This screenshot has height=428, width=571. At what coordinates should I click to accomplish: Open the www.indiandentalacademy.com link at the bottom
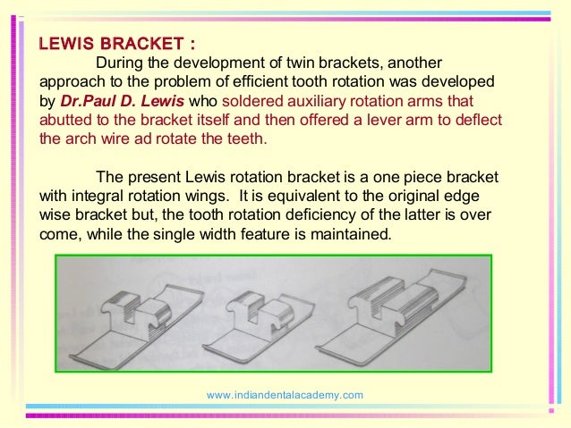(285, 394)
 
